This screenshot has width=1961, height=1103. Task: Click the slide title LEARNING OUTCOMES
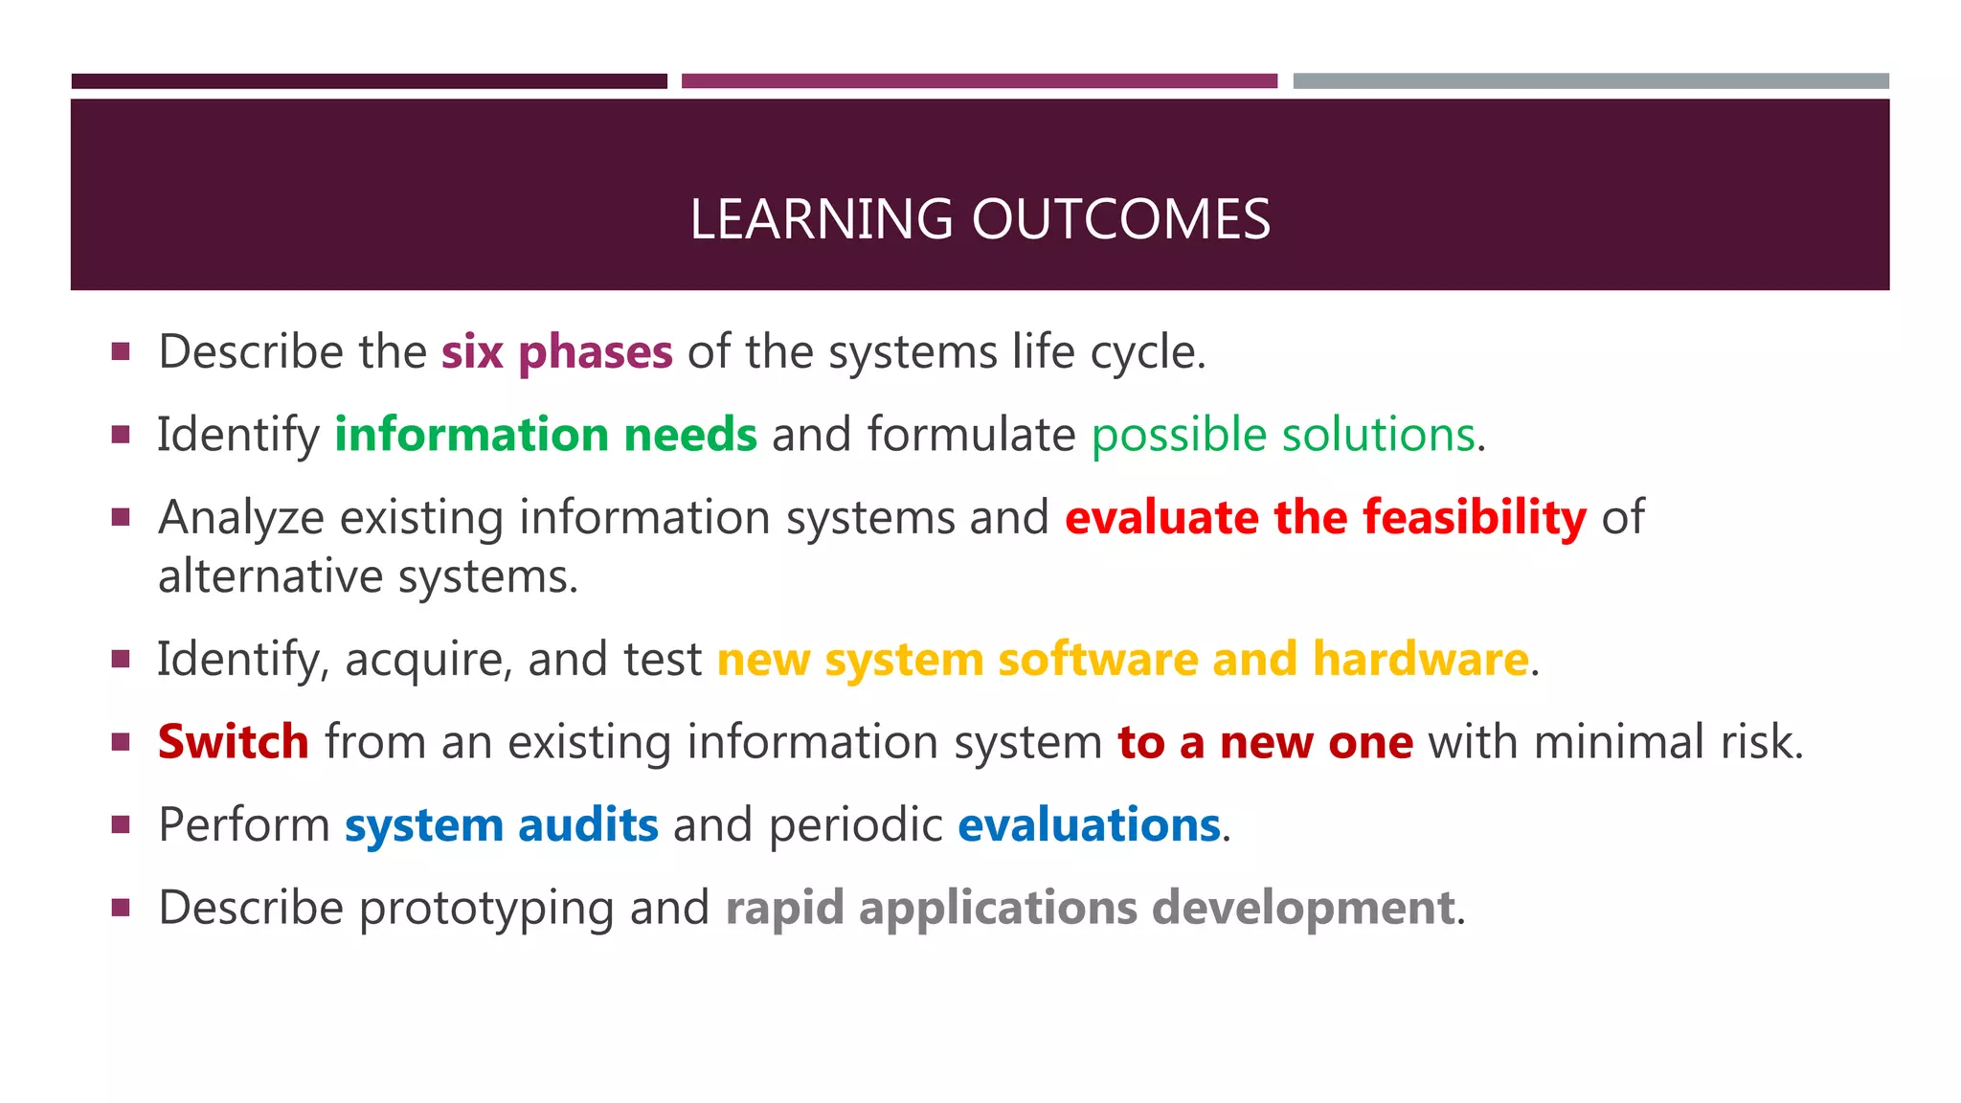(980, 219)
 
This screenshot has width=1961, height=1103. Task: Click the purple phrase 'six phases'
(556, 352)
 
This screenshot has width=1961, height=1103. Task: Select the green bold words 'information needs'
(546, 435)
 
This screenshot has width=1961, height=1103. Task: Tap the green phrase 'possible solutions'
(1282, 435)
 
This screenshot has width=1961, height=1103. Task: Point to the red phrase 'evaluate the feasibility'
(1325, 518)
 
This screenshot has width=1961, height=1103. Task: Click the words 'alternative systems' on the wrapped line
(368, 577)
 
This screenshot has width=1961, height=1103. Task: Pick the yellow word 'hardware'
(1420, 660)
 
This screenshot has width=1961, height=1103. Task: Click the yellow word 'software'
(1097, 660)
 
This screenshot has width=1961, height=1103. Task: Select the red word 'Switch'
(234, 742)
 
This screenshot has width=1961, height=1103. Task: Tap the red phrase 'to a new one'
(1265, 742)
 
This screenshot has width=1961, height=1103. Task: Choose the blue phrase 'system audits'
(501, 825)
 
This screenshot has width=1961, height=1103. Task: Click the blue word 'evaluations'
(1089, 825)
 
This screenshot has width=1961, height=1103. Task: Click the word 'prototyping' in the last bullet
(485, 908)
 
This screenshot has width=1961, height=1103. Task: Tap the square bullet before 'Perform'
(121, 824)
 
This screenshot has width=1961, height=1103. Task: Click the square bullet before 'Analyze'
(121, 517)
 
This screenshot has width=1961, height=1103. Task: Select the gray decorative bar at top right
(1590, 81)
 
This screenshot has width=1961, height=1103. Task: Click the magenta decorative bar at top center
(979, 81)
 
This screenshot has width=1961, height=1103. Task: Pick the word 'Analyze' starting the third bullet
(241, 518)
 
